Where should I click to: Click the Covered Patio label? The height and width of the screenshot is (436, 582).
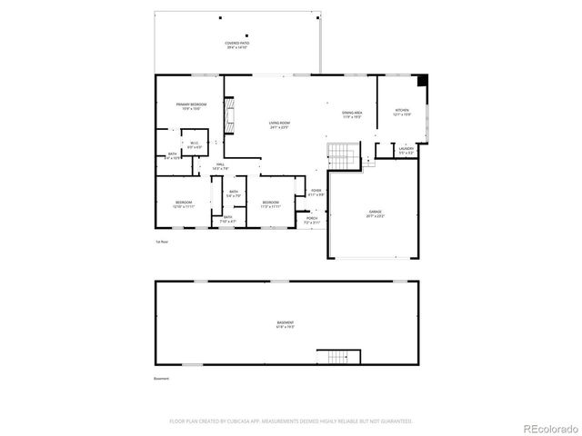pyautogui.click(x=238, y=45)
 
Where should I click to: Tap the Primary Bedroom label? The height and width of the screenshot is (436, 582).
pyautogui.click(x=192, y=106)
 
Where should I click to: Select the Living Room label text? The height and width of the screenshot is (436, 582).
pyautogui.click(x=279, y=124)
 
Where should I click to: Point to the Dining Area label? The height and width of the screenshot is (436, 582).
pyautogui.click(x=352, y=114)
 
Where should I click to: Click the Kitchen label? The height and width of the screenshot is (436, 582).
pyautogui.click(x=402, y=114)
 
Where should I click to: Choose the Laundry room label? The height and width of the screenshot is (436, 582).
pyautogui.click(x=406, y=150)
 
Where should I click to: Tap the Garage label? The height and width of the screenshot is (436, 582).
pyautogui.click(x=376, y=214)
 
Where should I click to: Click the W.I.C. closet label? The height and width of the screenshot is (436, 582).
pyautogui.click(x=194, y=144)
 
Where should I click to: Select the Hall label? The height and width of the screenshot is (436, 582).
pyautogui.click(x=220, y=166)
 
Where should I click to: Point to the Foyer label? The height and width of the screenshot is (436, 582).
pyautogui.click(x=316, y=193)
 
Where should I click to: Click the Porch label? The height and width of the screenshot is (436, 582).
pyautogui.click(x=311, y=220)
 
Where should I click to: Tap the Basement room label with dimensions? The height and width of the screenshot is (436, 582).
pyautogui.click(x=286, y=324)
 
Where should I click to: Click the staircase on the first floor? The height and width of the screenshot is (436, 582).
pyautogui.click(x=343, y=156)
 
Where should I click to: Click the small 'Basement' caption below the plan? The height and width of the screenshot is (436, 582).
pyautogui.click(x=162, y=379)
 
